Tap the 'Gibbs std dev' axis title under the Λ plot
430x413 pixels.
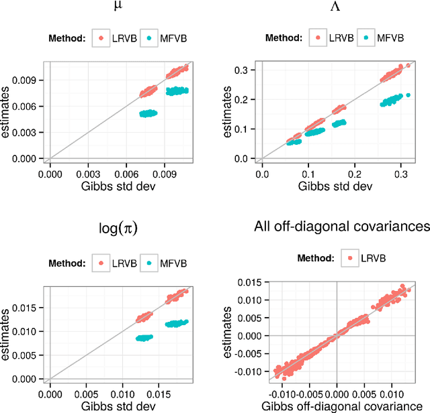[x=334, y=186]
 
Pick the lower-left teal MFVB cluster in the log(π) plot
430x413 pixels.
[x=144, y=338]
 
